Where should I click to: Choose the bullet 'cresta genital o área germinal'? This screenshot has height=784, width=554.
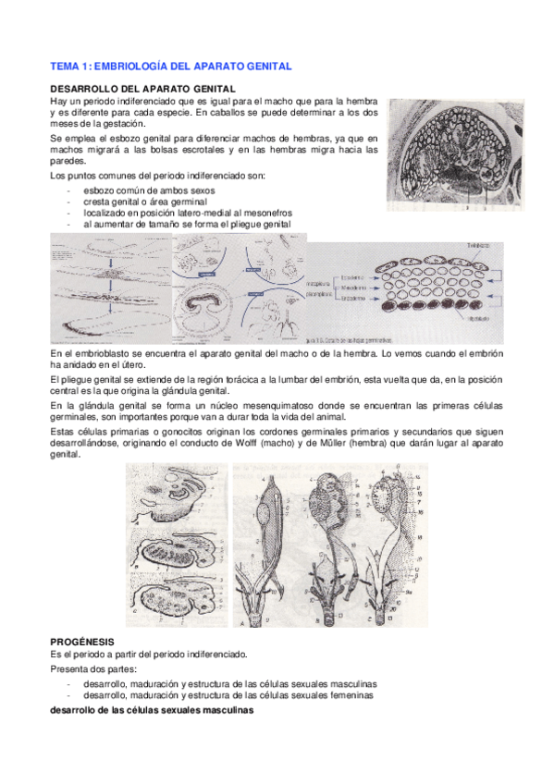[138, 201]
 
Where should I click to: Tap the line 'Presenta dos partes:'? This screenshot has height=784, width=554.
[92, 668]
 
